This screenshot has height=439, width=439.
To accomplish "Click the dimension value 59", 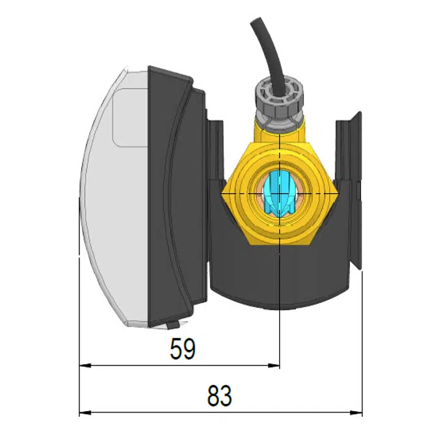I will (x=183, y=349).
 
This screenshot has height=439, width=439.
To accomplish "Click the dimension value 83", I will (x=219, y=396).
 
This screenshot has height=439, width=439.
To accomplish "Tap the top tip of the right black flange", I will (x=356, y=114).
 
